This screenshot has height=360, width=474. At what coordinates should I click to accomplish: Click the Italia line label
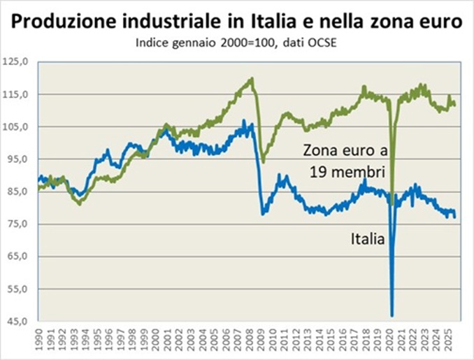[x=368, y=239]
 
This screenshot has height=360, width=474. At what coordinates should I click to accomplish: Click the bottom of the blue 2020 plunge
[x=392, y=315]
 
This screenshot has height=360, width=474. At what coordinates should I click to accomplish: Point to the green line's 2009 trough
[x=263, y=161]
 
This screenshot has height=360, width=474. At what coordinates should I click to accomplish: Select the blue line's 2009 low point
[x=263, y=213]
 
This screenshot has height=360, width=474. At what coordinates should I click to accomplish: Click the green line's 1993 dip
[x=80, y=203]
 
